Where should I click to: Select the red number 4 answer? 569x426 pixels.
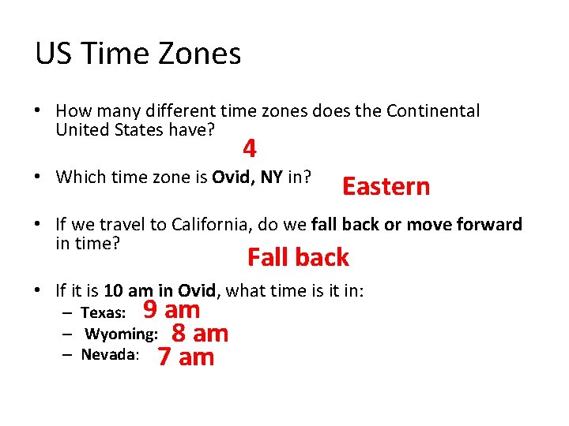pos(249,148)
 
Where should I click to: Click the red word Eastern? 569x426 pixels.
pos(386,186)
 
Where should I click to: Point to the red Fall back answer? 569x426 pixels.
pos(298,257)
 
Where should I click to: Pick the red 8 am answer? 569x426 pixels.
pos(200,334)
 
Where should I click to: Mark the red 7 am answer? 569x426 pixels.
pos(186,357)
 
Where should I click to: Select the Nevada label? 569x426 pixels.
pos(110,355)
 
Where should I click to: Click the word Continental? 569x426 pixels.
pos(432,111)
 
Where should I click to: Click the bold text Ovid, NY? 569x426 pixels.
pos(247,177)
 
